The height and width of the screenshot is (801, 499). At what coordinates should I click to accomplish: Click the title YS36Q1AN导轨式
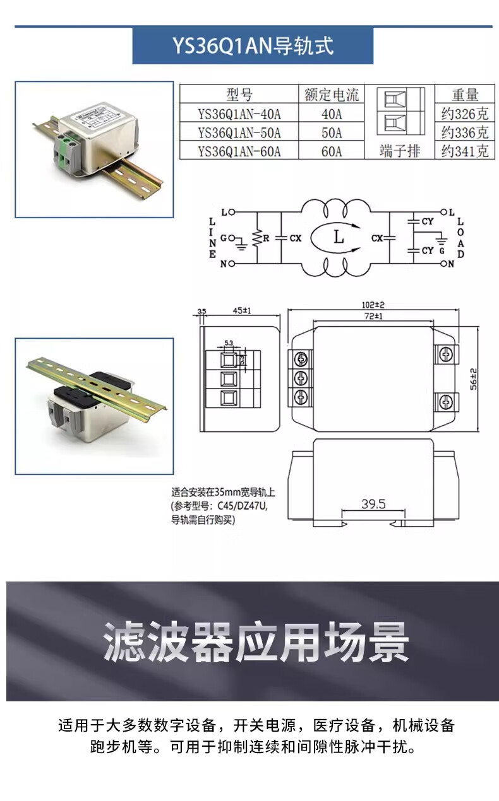coord(253,46)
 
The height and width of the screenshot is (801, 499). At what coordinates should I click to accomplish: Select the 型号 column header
coord(239,95)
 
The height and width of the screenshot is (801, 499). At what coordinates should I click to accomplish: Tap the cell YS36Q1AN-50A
coord(239,132)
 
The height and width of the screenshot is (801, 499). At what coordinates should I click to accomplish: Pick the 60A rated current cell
coord(331,151)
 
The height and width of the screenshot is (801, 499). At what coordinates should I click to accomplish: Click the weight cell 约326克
coord(465,115)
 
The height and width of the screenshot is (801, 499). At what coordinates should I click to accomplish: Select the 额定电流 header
coord(331,95)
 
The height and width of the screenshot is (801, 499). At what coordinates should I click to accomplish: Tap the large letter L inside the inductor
coord(339,238)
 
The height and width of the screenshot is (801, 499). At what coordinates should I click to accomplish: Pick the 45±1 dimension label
coord(242,311)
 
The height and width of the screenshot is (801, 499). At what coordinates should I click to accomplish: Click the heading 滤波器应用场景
coord(255,641)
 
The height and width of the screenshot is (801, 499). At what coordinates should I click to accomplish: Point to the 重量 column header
coord(465,95)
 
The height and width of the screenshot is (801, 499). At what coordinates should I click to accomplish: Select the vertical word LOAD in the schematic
coord(460,238)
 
